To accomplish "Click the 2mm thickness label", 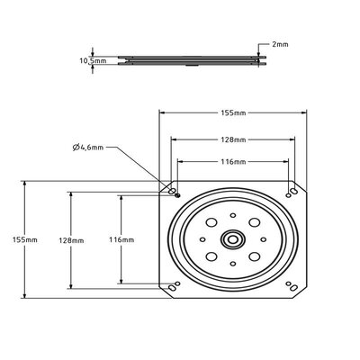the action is [x=280, y=44].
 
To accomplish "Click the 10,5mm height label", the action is [x=93, y=60].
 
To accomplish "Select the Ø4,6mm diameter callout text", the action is [x=88, y=148].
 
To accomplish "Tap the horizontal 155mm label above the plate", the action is [x=233, y=112].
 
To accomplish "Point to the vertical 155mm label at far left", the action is [x=25, y=239].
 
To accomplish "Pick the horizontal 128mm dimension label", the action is [x=233, y=139].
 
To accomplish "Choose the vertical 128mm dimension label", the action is [x=71, y=240].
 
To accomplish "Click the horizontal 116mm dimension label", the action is [x=233, y=162].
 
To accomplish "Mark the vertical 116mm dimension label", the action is [x=121, y=239].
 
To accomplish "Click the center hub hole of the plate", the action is [x=233, y=239].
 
